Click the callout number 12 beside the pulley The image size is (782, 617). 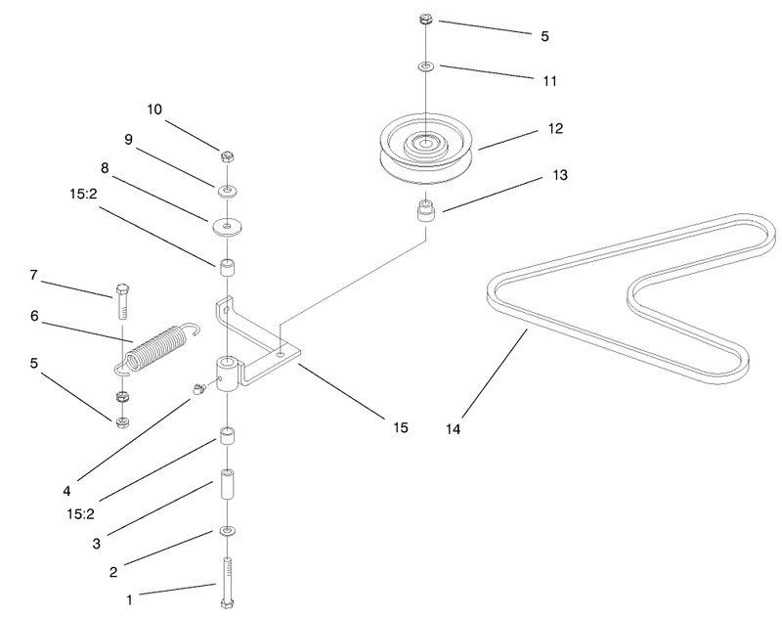point(555,129)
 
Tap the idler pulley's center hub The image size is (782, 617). point(425,143)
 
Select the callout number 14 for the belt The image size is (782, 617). point(453,429)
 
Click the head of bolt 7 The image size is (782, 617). point(121,288)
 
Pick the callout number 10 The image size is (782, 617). point(154,110)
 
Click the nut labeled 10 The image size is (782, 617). point(228,157)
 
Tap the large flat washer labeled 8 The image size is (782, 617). point(227,227)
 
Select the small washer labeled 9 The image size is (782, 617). point(227,191)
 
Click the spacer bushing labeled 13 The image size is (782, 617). point(425,211)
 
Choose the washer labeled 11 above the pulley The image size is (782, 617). point(426,66)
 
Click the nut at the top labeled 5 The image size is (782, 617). point(425,20)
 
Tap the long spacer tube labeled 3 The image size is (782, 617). point(228,484)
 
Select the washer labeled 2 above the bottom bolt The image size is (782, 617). point(228,531)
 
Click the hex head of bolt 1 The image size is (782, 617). point(228,604)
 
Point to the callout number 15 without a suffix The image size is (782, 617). point(401,427)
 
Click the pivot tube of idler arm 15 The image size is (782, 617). point(228,375)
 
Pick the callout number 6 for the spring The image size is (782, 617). point(34,316)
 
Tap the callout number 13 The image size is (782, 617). point(560,175)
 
